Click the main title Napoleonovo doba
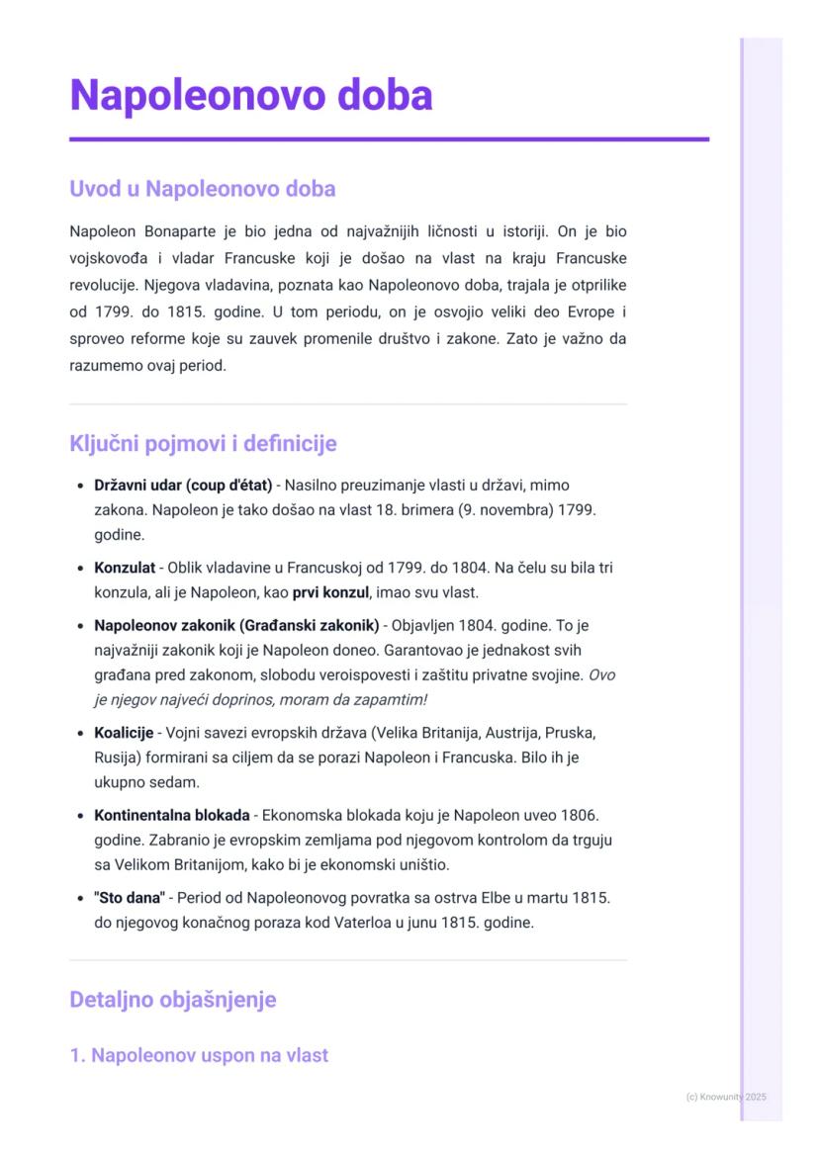(251, 97)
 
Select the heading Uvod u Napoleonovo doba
(202, 188)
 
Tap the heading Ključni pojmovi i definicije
(203, 443)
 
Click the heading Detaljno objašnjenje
(172, 999)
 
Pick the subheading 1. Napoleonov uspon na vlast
(198, 1055)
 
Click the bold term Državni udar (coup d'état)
(183, 486)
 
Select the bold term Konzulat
(125, 569)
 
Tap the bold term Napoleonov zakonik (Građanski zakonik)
(236, 626)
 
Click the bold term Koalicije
(124, 733)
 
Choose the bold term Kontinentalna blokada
(171, 816)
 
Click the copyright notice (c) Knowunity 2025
(726, 1097)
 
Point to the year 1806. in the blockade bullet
(580, 816)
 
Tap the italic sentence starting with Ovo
(261, 700)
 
